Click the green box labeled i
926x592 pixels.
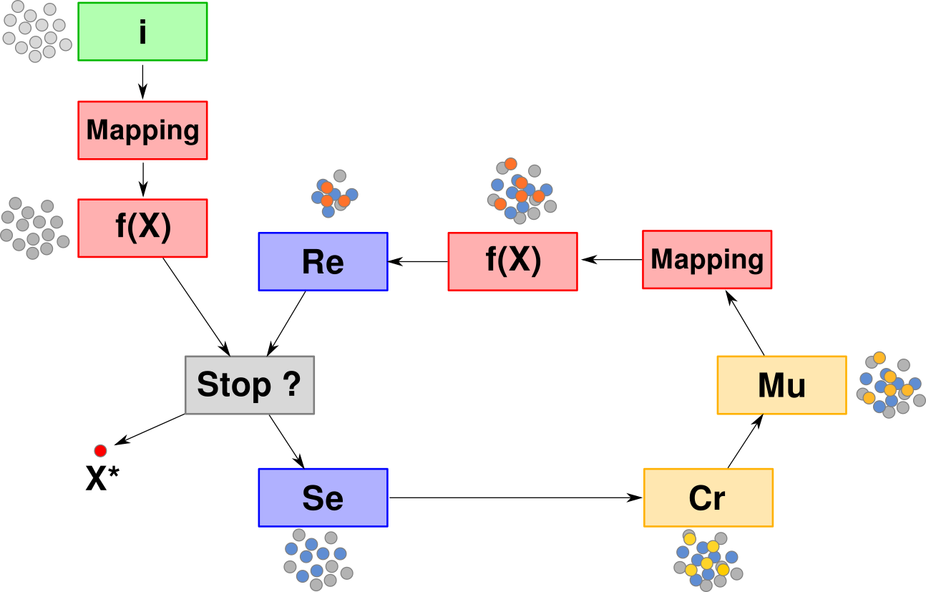(x=142, y=31)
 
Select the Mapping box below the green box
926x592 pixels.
(x=142, y=130)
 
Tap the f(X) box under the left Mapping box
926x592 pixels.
(x=142, y=228)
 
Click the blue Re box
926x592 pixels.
(x=323, y=262)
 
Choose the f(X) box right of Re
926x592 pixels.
(x=512, y=262)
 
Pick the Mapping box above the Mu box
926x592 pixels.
(x=707, y=260)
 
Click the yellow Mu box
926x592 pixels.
(x=781, y=385)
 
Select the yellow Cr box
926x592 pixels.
(x=708, y=498)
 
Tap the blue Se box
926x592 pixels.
(x=323, y=498)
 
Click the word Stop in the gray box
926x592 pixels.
(x=234, y=385)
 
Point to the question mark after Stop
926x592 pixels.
(x=291, y=385)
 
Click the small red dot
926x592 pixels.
(x=100, y=451)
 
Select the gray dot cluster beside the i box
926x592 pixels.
(x=36, y=31)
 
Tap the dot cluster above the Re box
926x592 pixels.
(x=334, y=194)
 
